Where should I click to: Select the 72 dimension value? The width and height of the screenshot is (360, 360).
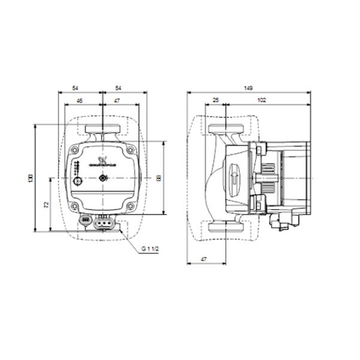point(47,205)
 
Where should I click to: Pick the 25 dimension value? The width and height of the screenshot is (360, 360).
point(215,101)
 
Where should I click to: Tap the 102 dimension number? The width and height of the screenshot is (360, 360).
point(262,101)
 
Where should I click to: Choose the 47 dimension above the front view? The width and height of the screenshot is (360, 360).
point(118,101)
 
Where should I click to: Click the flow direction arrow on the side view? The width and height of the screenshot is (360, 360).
point(235,178)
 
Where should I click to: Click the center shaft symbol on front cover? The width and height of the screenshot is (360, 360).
point(103,178)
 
